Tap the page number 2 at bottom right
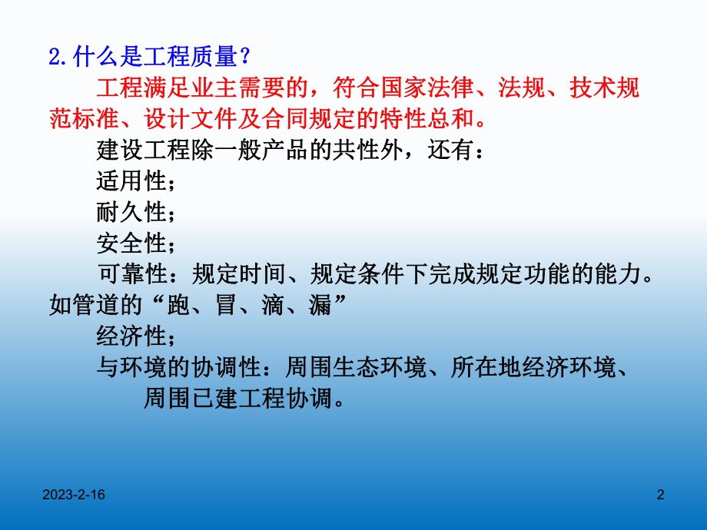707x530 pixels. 660,497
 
